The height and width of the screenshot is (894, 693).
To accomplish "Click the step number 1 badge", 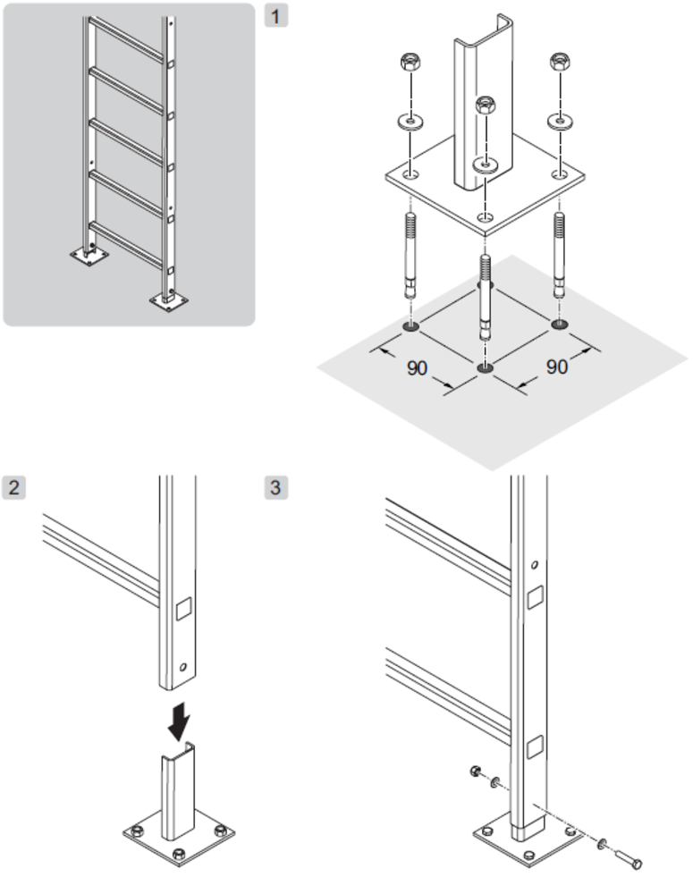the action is pyautogui.click(x=276, y=15).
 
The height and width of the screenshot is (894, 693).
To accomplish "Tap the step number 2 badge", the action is pyautogui.click(x=13, y=487).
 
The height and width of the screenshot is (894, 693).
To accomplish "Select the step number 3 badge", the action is pyautogui.click(x=276, y=487).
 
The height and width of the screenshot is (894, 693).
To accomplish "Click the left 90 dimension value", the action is pyautogui.click(x=417, y=368).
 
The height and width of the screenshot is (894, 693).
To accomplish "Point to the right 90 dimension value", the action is pyautogui.click(x=557, y=367).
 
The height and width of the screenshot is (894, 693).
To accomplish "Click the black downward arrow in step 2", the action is pyautogui.click(x=180, y=721).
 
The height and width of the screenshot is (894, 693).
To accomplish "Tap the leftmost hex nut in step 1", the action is pyautogui.click(x=410, y=62).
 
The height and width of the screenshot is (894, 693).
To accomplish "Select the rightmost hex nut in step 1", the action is pyautogui.click(x=560, y=62).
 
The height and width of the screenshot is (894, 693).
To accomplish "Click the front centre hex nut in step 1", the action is pyautogui.click(x=486, y=105).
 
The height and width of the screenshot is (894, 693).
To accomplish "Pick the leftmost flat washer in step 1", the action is pyautogui.click(x=410, y=122).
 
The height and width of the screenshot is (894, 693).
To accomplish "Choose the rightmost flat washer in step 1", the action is pyautogui.click(x=560, y=122).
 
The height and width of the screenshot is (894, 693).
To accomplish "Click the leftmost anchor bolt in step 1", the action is pyautogui.click(x=410, y=254).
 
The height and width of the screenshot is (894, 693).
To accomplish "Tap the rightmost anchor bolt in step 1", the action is pyautogui.click(x=560, y=254).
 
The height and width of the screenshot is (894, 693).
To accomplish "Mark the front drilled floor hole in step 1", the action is pyautogui.click(x=485, y=368).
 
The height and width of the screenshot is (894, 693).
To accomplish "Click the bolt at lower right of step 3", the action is pyautogui.click(x=628, y=857).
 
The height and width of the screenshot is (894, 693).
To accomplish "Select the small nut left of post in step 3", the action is pyautogui.click(x=475, y=772).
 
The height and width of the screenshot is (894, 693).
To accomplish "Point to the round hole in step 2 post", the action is pyautogui.click(x=183, y=667).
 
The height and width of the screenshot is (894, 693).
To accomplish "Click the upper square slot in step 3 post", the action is pyautogui.click(x=535, y=598).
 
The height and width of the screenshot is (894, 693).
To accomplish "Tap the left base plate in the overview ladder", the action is pyautogui.click(x=89, y=256).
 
